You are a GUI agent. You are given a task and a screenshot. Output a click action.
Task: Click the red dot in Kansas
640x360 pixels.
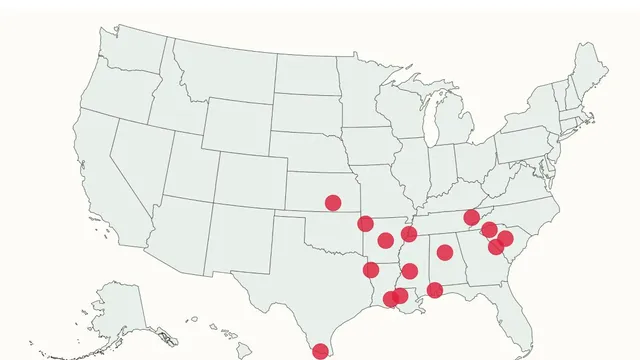(x=333, y=203)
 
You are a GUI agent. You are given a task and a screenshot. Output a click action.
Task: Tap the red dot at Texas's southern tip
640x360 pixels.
(x=320, y=351)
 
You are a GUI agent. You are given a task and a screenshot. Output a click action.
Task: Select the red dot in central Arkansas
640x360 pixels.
(x=386, y=240)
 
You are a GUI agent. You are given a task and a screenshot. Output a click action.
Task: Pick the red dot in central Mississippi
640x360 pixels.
(x=409, y=271)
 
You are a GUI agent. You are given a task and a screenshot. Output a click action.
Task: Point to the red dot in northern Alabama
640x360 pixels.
(x=445, y=252)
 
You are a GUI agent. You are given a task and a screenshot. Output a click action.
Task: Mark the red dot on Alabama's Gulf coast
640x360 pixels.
(x=435, y=290)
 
